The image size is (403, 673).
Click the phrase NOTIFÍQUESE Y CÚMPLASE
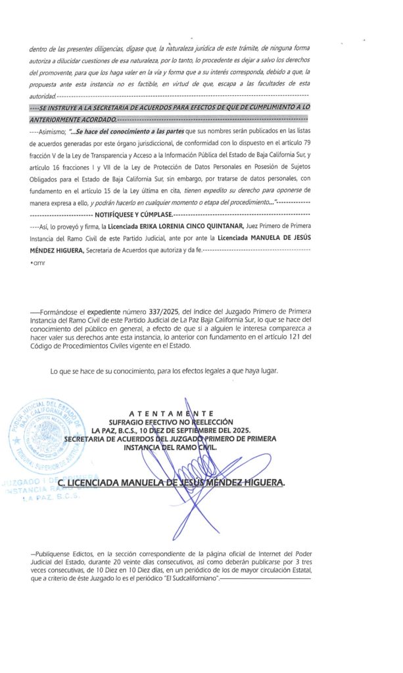(x=132, y=215)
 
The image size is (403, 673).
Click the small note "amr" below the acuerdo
(x=37, y=263)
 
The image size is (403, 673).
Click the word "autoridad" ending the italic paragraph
(x=42, y=97)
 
